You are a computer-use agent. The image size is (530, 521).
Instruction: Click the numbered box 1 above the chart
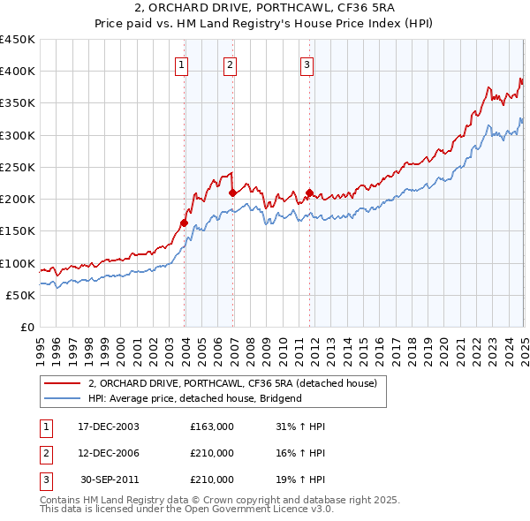pos(181,64)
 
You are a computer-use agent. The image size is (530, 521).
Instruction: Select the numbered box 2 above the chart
pos(230,64)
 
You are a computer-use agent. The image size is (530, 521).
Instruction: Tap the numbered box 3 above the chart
pos(307,64)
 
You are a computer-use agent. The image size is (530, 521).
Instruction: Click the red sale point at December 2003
pos(185,223)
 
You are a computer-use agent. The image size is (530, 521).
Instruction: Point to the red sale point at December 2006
pos(232,193)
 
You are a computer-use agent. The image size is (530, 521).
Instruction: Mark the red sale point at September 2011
pos(309,193)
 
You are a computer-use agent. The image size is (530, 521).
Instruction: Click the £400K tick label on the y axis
pos(18,72)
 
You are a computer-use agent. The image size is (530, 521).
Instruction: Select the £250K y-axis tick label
pos(18,167)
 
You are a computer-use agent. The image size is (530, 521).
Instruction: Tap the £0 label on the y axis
pos(26,327)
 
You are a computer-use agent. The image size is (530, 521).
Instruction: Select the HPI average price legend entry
pos(195,398)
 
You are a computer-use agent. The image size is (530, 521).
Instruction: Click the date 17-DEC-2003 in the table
pos(109,427)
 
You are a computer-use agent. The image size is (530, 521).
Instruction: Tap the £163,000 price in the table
pos(211,427)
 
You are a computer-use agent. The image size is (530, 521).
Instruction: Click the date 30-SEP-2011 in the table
pos(110,479)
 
